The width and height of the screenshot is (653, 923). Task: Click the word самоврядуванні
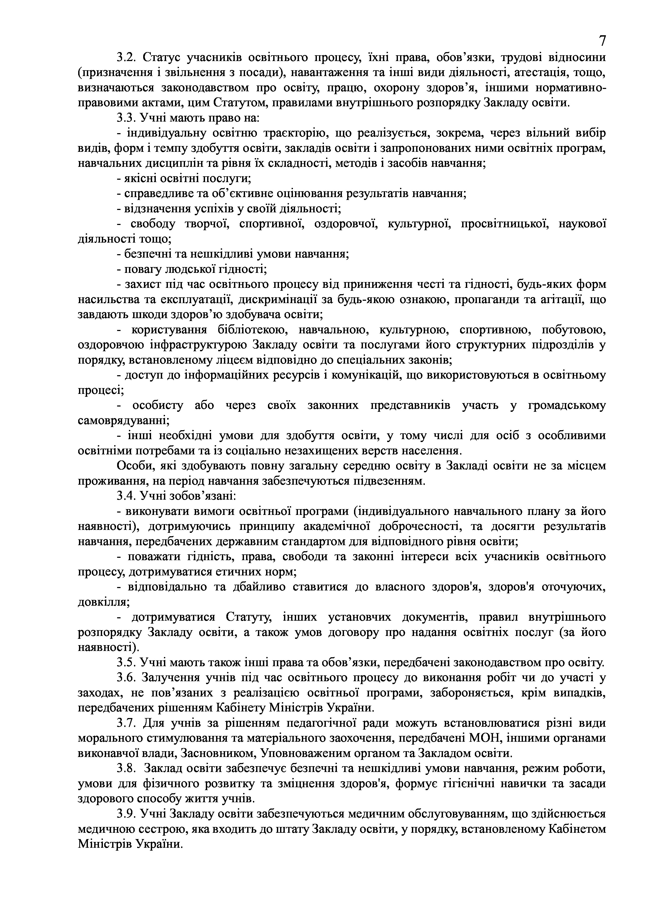pos(123,421)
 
